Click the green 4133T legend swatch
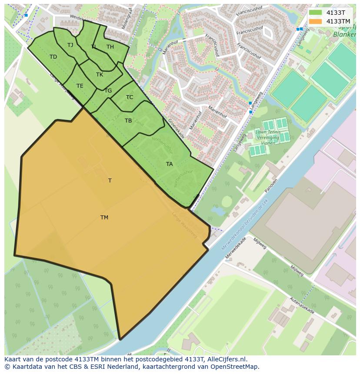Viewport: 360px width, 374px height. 315,13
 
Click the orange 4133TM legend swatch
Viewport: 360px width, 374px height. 315,21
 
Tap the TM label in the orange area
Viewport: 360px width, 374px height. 104,218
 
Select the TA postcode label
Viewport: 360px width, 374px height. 169,164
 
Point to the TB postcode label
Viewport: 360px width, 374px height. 128,121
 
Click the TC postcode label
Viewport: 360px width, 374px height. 130,97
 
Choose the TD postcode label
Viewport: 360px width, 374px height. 53,57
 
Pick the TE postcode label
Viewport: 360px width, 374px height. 80,86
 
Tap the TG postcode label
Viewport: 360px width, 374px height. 108,91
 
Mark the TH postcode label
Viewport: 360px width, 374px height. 110,47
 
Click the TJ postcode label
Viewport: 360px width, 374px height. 70,45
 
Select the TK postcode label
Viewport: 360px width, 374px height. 100,75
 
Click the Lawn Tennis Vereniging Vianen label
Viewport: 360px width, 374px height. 268,138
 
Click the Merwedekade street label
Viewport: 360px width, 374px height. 236,248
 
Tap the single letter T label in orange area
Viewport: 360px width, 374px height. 110,181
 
